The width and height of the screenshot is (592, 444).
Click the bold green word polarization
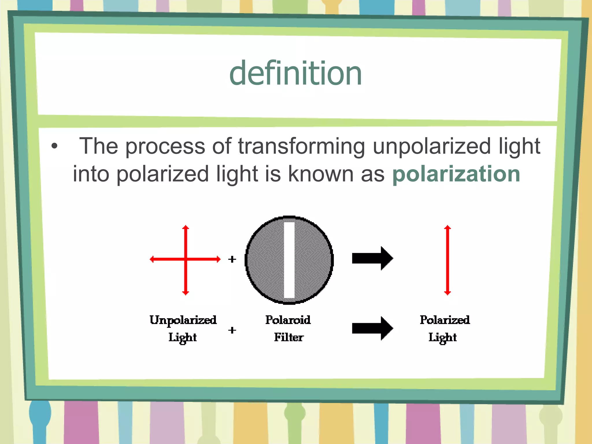[x=456, y=174]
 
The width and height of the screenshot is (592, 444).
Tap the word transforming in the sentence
[x=301, y=146]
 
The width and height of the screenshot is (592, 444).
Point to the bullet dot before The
[x=54, y=146]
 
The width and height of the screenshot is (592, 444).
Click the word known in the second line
[x=321, y=174]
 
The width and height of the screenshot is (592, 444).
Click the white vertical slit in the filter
[x=289, y=260]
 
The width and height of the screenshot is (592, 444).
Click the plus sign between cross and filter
[x=232, y=259]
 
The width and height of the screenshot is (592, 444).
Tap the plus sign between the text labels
[x=232, y=330]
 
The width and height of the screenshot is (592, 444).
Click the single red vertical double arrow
[x=447, y=260]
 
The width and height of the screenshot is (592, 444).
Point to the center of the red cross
[x=186, y=259]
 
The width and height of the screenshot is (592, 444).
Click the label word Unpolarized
[x=183, y=320]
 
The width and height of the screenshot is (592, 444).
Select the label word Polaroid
[x=288, y=320]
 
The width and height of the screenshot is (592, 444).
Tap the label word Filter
[x=289, y=337]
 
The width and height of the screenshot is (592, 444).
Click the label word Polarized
[x=445, y=320]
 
